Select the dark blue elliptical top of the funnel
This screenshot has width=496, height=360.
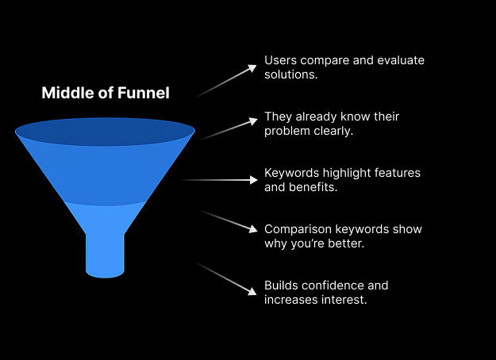(x=105, y=132)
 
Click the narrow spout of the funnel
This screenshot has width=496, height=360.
(x=105, y=254)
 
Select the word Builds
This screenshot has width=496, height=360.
(x=282, y=285)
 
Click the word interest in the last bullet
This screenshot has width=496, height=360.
(x=347, y=300)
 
